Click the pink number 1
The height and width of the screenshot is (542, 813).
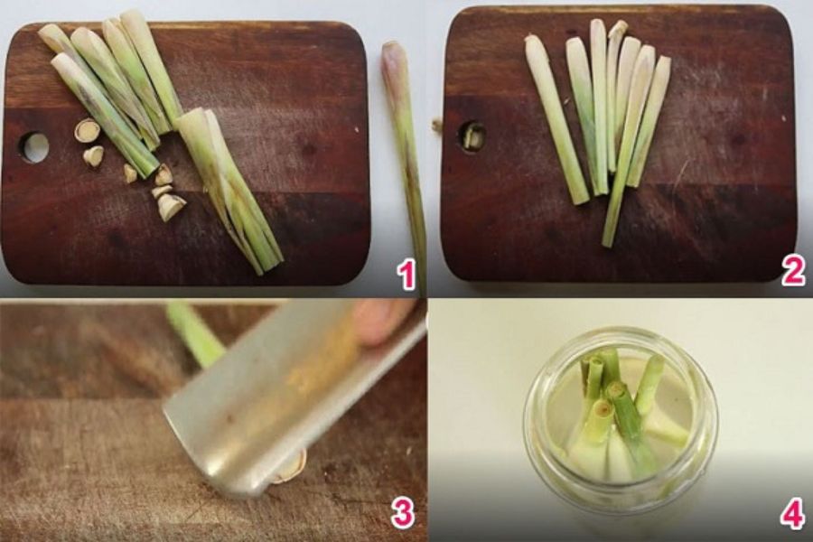pos(407,275)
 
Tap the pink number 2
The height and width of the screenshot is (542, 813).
pos(793,271)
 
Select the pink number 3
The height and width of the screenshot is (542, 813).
pos(402,513)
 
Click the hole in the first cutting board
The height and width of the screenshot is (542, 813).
pos(34,147)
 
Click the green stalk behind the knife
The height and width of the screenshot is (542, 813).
pos(194,332)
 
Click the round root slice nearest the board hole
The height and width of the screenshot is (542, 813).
pos(87,130)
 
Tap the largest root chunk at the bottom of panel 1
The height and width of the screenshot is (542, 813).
pos(171,207)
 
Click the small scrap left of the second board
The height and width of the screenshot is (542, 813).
pos(437,125)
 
